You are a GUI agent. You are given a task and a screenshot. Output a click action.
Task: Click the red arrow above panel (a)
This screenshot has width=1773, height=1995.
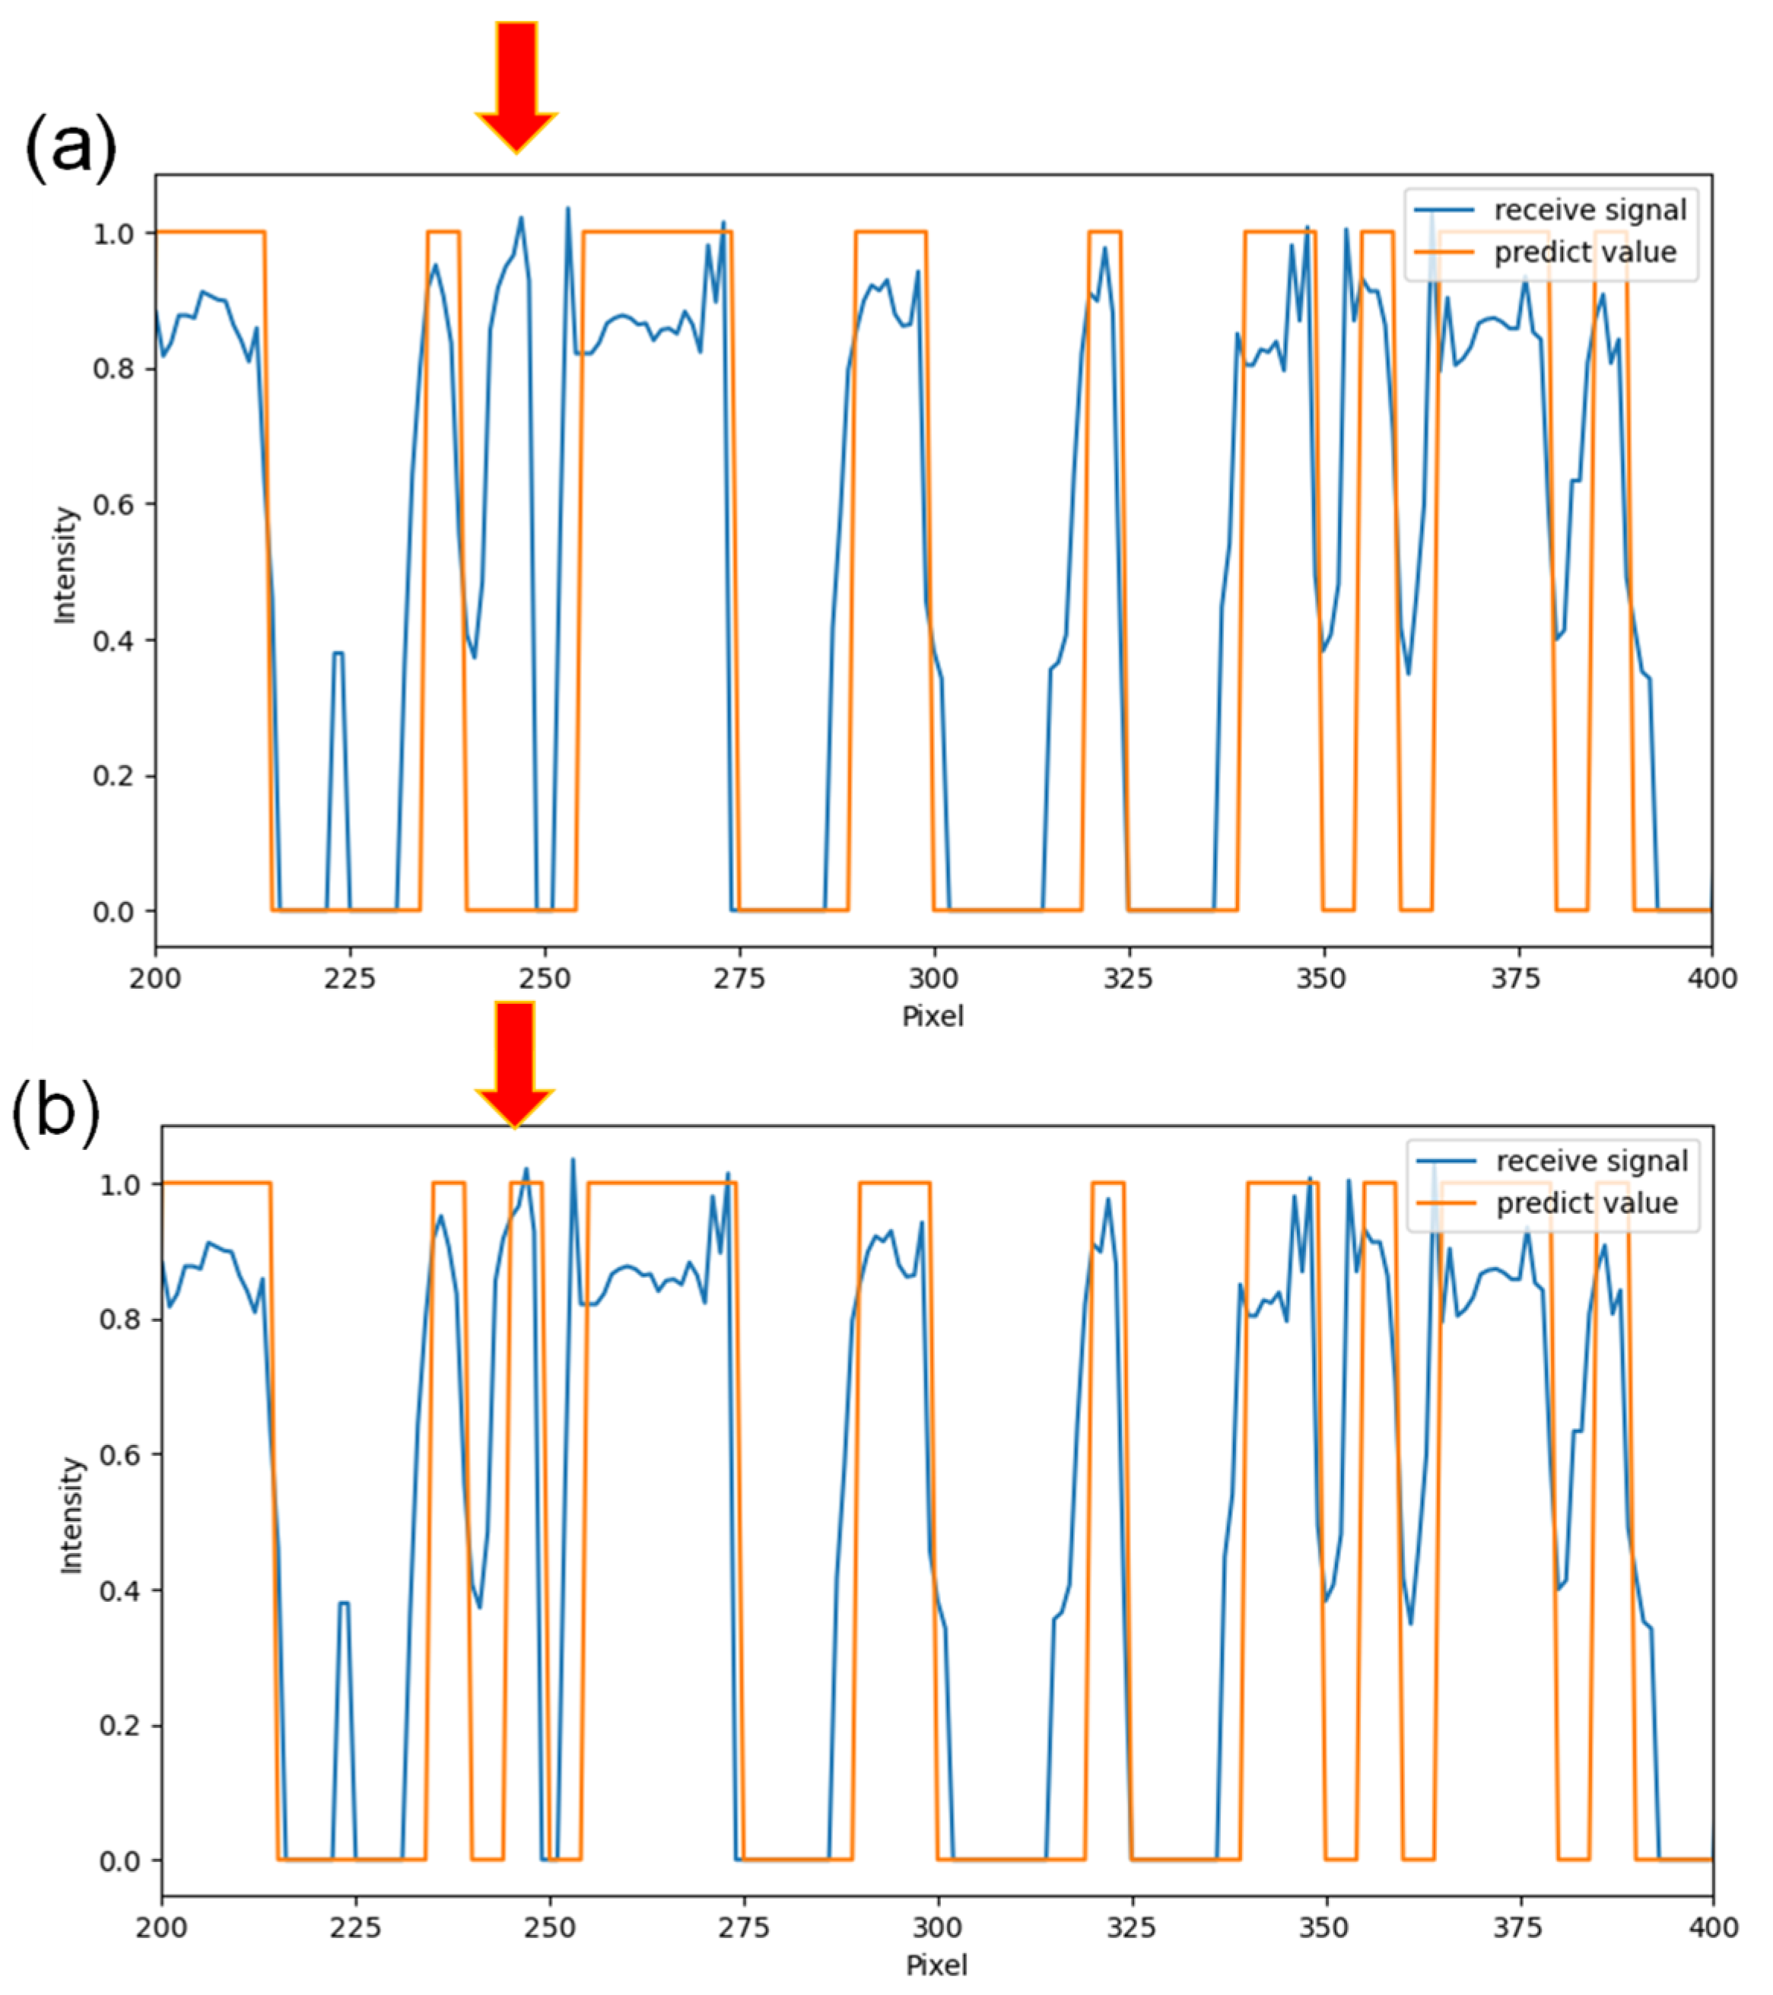[516, 83]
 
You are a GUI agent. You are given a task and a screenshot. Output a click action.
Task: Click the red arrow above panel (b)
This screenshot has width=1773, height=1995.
[514, 1062]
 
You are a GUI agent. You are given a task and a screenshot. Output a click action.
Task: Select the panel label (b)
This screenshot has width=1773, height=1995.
[56, 1113]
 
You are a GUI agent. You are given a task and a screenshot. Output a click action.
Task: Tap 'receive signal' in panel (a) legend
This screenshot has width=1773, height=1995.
[1590, 210]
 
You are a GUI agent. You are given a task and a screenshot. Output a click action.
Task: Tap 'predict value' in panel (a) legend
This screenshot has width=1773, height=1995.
[1584, 252]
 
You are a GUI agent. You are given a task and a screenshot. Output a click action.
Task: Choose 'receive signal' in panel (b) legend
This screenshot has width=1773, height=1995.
[1591, 1161]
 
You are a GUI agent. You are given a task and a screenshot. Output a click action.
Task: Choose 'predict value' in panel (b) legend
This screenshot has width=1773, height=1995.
[1587, 1202]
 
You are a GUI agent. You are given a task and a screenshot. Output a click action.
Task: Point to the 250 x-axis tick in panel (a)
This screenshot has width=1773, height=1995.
[545, 978]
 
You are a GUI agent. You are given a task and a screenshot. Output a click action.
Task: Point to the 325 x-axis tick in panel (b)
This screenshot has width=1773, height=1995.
[1132, 1927]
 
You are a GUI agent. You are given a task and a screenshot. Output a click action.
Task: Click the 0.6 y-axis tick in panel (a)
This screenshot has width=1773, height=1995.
[113, 504]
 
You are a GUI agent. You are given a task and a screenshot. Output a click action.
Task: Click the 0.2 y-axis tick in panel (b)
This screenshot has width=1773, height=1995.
[119, 1726]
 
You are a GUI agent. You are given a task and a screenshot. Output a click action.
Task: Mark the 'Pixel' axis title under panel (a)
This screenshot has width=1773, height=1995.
[933, 1017]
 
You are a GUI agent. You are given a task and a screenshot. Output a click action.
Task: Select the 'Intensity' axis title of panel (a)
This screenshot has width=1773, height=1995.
[65, 564]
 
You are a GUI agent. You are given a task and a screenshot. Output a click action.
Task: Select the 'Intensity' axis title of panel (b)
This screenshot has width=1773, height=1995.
[71, 1515]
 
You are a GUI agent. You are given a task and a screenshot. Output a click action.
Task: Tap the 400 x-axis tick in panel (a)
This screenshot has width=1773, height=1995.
[1711, 978]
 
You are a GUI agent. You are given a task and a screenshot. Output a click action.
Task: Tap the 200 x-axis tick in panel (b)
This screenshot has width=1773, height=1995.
[162, 1927]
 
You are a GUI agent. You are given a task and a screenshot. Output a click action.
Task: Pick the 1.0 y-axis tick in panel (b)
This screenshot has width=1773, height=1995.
[119, 1184]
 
